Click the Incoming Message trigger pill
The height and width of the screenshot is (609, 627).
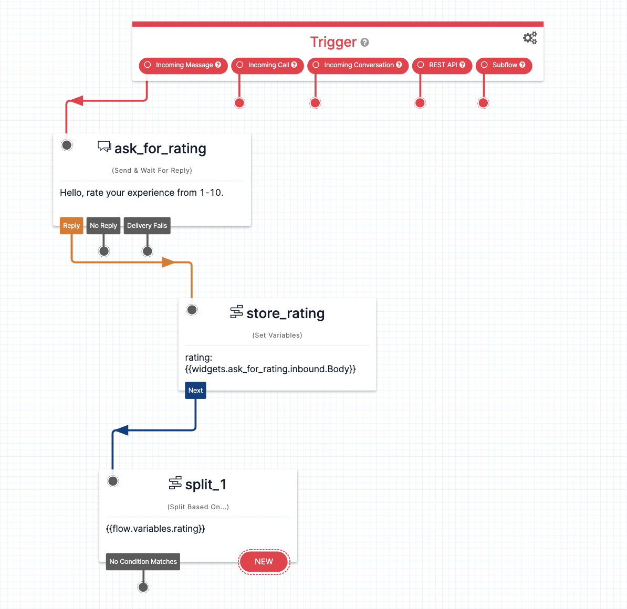coord(183,65)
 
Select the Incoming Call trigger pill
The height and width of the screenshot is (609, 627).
coord(267,65)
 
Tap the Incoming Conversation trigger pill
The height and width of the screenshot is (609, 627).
coord(358,65)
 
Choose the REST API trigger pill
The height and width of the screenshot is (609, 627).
coord(442,65)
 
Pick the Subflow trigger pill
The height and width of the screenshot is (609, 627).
coord(504,65)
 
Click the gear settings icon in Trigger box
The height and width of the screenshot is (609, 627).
coord(530,38)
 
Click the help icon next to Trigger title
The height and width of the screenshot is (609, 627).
coord(365,43)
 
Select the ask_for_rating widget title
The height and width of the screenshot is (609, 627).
coord(160,149)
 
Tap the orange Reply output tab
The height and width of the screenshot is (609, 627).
coord(71,226)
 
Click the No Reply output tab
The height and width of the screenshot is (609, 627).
coord(103,226)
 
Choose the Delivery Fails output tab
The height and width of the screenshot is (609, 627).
coord(147,226)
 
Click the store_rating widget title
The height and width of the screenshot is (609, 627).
coord(285,313)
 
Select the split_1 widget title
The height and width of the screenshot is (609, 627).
coord(205,485)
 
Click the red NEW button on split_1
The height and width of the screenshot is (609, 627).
coord(264,562)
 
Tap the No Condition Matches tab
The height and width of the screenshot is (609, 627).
coord(143,562)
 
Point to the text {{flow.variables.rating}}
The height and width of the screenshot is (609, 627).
coord(155,529)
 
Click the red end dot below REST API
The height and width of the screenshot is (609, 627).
coord(420,103)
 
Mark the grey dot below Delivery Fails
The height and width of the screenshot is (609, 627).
coord(148,251)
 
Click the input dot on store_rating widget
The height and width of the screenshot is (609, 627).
coord(192,310)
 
